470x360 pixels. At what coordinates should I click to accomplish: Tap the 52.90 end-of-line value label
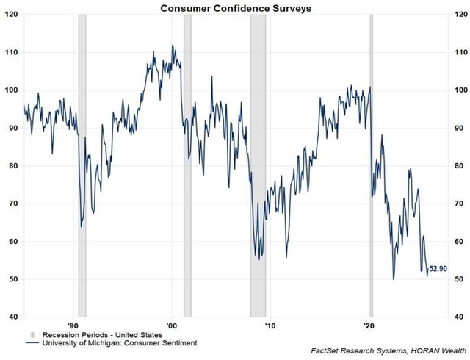439,269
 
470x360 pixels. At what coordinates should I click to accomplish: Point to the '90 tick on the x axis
73,324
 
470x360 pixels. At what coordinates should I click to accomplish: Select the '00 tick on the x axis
171,324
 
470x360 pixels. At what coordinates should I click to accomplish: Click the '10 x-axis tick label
270,324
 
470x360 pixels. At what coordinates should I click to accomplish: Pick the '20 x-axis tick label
369,324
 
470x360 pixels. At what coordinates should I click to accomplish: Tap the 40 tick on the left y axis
12,317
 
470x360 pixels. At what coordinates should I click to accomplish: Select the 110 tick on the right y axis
460,53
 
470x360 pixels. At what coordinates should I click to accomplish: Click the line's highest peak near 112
173,46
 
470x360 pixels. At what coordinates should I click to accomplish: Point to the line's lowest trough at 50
394,278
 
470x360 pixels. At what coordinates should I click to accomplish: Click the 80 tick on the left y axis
12,166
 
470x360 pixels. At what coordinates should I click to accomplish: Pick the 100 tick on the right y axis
460,90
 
